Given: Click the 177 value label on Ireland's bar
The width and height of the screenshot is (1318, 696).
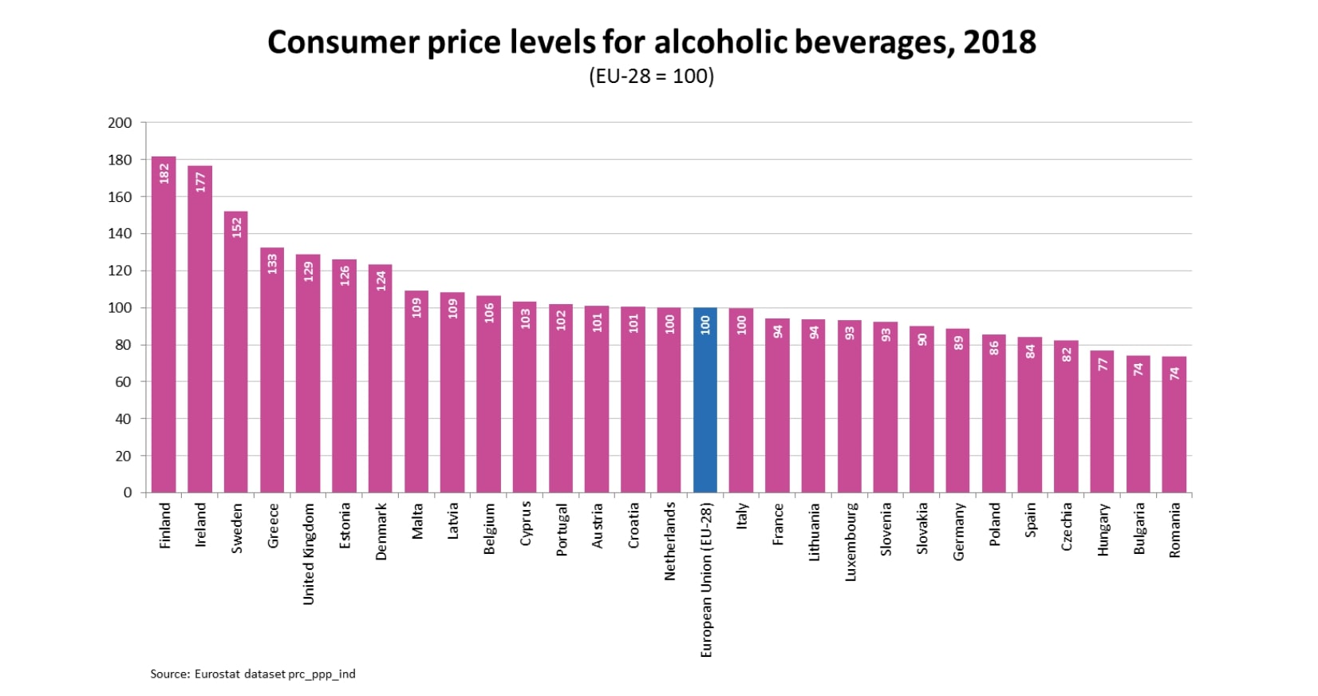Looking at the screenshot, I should pos(200,182).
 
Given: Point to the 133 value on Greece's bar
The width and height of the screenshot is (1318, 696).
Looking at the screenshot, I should pos(272,263).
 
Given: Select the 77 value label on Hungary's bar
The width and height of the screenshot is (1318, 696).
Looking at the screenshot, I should pos(1103,364).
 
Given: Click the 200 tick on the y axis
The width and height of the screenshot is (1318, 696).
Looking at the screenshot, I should pos(120,123).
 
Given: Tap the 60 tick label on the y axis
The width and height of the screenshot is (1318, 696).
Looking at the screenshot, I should pos(122,382).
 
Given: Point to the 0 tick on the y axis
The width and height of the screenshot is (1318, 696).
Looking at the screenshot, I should pos(128,492).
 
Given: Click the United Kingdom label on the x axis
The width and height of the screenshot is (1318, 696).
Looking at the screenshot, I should pos(309,553).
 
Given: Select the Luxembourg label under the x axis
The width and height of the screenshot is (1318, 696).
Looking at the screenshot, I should pos(850,541).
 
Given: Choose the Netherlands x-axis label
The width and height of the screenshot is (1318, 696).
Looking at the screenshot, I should pos(670,541).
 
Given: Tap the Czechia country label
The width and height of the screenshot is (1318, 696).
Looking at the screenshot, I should pos(1067,526).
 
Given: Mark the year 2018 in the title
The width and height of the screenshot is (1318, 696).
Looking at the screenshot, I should pos(1000,42).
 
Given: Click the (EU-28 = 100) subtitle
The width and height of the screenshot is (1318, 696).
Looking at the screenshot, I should pos(651,77).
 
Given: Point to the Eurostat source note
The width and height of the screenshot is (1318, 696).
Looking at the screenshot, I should pos(253,674).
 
